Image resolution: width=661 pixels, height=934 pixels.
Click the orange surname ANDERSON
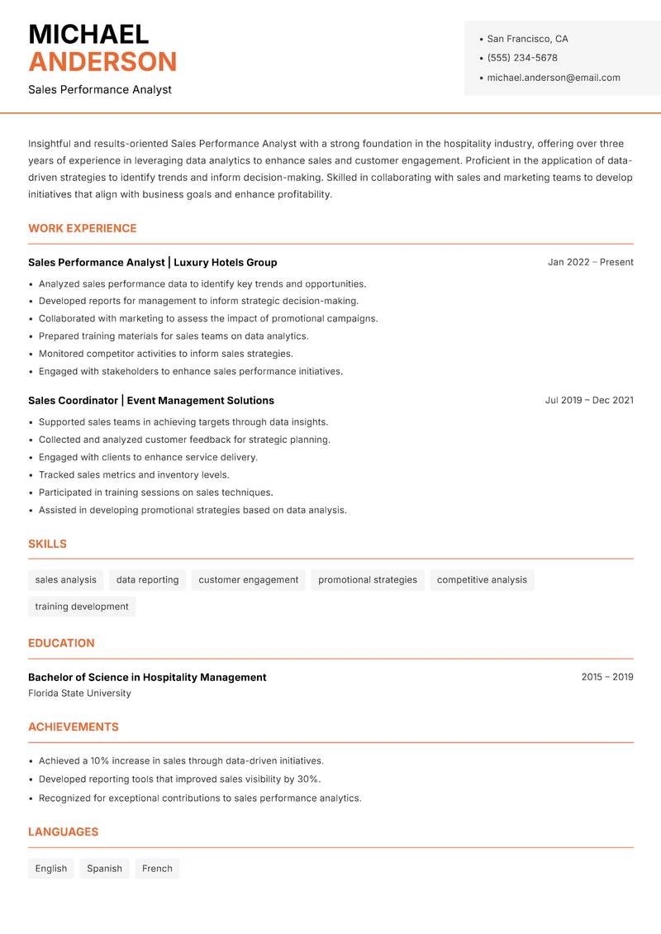(102, 62)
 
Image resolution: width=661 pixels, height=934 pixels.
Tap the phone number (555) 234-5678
(521, 58)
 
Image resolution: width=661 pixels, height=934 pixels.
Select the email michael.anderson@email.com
(553, 78)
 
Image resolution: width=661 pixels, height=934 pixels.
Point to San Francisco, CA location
(527, 39)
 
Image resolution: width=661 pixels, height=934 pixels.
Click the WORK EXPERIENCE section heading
(82, 228)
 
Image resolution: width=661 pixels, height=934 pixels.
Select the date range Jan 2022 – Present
(590, 262)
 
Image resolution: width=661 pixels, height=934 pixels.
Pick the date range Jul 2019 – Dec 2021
(588, 400)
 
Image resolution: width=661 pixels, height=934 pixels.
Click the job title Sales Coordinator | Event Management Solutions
(150, 400)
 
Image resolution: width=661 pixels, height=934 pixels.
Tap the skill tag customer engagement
(248, 580)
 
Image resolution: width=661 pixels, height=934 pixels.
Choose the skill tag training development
(82, 607)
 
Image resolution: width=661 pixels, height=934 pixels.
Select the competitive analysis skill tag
(482, 580)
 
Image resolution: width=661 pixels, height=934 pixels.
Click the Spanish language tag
(104, 869)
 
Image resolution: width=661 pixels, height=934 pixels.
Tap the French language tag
(157, 869)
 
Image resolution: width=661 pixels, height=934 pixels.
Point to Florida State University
(79, 693)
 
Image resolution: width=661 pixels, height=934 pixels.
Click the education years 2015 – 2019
(606, 677)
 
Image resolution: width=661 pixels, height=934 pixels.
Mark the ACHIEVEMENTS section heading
(73, 727)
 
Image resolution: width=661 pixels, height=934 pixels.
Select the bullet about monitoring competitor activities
(165, 354)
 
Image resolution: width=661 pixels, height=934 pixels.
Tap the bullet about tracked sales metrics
(134, 475)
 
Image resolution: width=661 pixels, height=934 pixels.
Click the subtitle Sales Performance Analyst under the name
(99, 89)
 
